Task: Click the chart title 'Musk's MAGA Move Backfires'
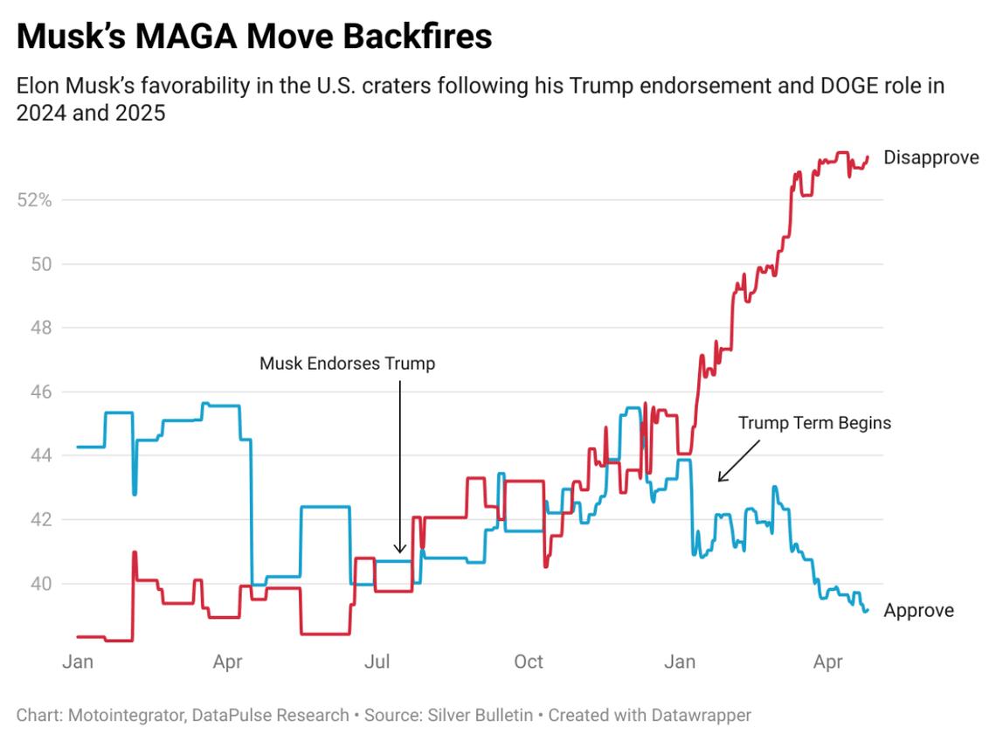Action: click(254, 37)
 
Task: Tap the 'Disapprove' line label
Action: click(930, 158)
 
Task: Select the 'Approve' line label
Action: click(918, 611)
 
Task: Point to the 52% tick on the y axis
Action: click(35, 200)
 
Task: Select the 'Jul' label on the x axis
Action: click(377, 662)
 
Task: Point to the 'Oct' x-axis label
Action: click(529, 662)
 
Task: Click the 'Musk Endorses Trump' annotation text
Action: click(347, 364)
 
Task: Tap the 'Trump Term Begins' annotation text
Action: click(814, 423)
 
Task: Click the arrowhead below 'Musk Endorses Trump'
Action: click(399, 550)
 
